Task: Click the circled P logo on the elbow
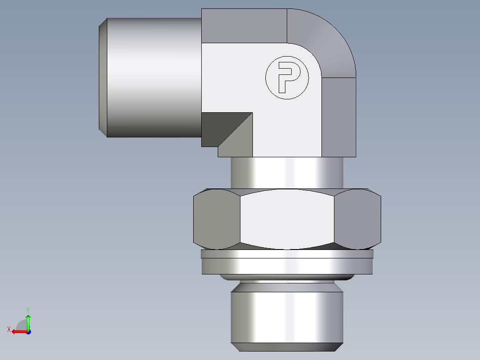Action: coord(287,78)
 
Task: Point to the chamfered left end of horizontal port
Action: coord(102,77)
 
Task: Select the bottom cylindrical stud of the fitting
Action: coord(287,316)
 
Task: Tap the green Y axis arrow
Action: coord(28,320)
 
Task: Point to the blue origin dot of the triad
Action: coord(28,332)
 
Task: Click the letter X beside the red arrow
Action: coord(9,329)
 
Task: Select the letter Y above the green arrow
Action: coord(28,309)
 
